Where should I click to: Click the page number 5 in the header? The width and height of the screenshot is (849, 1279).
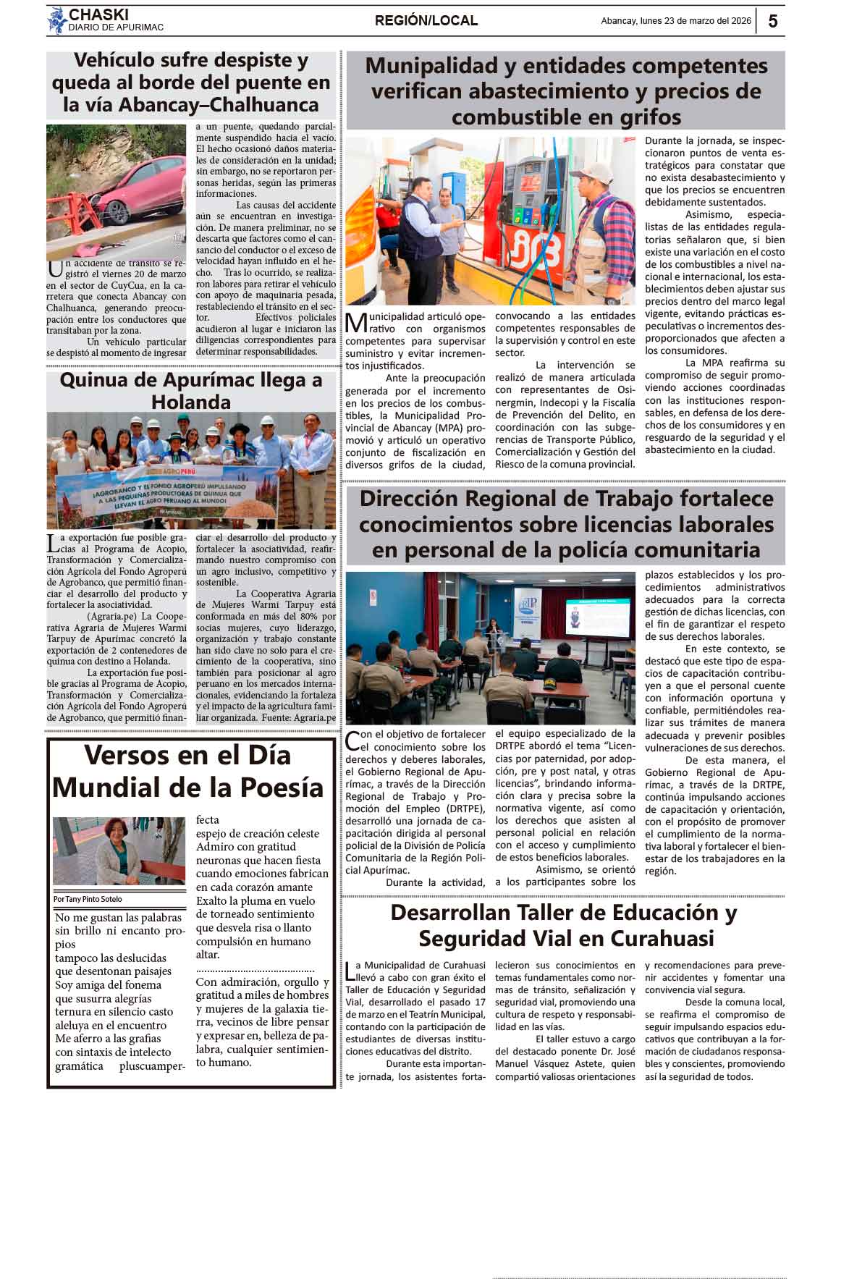772,21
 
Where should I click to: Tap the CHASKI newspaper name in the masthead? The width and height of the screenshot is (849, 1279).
98,14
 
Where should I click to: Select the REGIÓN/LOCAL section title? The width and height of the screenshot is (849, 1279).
426,21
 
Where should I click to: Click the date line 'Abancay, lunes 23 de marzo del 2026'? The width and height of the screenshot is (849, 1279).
676,21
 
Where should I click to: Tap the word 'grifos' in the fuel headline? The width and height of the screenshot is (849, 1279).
641,117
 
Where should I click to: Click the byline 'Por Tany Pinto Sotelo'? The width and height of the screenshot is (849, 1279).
88,899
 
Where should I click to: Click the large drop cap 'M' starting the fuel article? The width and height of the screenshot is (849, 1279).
355,324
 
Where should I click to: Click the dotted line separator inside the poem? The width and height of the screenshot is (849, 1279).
255,969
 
